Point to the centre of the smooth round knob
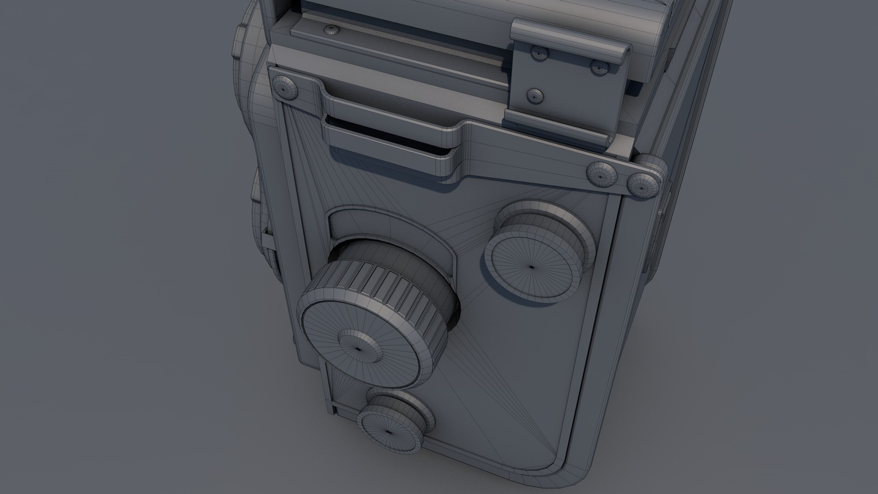pyautogui.click(x=532, y=266)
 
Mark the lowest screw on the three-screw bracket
pyautogui.click(x=534, y=96)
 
